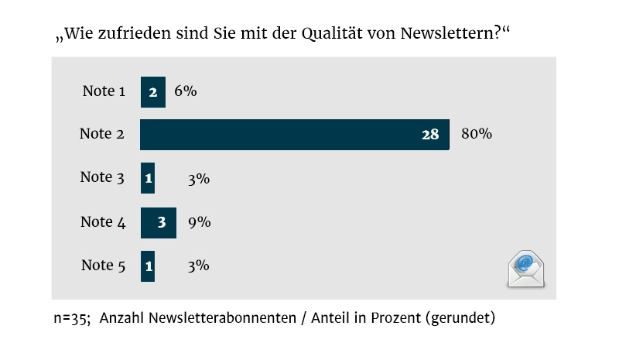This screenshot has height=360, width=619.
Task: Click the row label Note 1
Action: coord(103,91)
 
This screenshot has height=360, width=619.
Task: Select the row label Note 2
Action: coord(101,134)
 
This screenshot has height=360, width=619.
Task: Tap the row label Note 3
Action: coord(102,177)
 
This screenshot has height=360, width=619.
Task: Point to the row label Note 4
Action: coord(103,222)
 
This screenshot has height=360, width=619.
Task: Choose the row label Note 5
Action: coord(103,266)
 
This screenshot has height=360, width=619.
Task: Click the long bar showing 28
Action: coord(294,135)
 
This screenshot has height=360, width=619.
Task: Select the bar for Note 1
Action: coord(152,91)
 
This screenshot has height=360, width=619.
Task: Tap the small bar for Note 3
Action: coord(147,178)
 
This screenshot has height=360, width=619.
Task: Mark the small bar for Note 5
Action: coord(147,266)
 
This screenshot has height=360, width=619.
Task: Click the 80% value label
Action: coord(477,134)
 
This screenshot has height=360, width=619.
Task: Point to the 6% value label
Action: coord(186,91)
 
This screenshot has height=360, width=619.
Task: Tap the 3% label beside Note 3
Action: coord(199,178)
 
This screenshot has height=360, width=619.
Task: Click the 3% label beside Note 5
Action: coord(199,266)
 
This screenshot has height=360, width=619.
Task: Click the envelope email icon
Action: coord(526,269)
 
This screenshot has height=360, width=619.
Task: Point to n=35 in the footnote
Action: coord(71,318)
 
